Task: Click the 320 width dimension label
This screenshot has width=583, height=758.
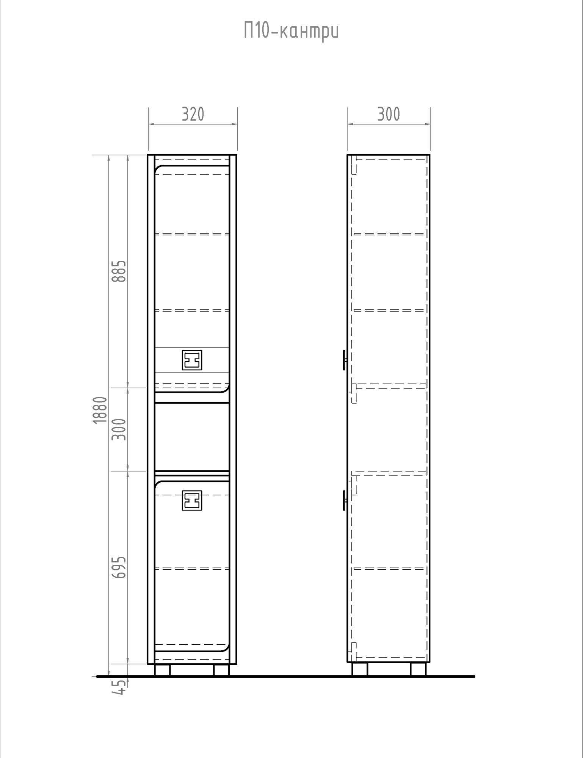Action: tap(193, 114)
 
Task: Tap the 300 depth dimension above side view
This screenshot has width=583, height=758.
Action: tap(389, 114)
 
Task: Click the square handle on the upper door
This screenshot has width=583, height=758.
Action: tap(192, 360)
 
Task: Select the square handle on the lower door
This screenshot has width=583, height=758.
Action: tap(192, 501)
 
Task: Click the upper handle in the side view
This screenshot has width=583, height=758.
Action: tap(345, 360)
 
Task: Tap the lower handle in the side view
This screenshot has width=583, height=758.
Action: tap(345, 501)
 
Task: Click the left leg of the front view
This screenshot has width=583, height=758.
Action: tap(162, 670)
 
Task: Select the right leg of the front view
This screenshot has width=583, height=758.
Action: tap(222, 670)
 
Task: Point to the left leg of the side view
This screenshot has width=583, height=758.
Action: tap(360, 669)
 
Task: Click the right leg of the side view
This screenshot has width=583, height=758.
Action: tap(418, 669)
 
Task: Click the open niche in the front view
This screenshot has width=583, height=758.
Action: tap(192, 437)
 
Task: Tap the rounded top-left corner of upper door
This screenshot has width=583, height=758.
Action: tap(158, 169)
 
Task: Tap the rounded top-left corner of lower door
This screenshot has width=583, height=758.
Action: tap(158, 485)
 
